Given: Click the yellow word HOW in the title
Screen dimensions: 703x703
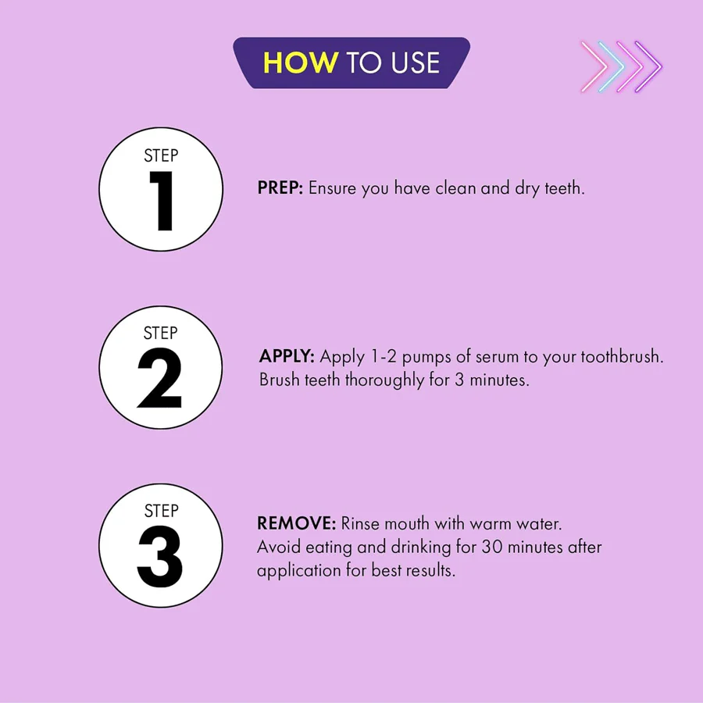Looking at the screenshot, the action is point(301,62).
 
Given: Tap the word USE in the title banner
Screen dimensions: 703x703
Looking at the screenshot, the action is point(415,62).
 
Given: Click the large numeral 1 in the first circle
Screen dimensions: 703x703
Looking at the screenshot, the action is point(162,201).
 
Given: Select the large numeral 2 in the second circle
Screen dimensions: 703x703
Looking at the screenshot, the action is point(159,378).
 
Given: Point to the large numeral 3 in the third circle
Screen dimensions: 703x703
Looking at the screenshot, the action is point(160,556).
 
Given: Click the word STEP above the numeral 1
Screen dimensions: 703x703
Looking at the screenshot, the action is point(161,155).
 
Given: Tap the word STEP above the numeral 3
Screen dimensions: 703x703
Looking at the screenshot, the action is point(162,511).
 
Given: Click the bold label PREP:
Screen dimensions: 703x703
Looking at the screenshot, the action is point(280,187).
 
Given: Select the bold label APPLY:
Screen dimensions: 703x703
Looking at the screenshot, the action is point(287,356).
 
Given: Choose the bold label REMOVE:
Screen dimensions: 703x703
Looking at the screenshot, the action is point(296,523).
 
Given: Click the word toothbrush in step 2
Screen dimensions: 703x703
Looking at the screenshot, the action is point(622,356).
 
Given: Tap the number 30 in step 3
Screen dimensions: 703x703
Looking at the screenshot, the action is point(492,547).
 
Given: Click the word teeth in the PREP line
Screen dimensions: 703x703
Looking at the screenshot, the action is point(565,187).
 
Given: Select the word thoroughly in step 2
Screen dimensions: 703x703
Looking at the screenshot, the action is point(384,380).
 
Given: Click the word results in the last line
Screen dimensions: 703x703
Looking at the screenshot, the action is point(430,570).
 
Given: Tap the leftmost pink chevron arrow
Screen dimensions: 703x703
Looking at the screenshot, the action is point(594,67).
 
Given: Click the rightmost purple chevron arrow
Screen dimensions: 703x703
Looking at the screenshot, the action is point(649,67).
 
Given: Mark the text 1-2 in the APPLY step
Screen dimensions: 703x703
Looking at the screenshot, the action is point(384,356).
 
